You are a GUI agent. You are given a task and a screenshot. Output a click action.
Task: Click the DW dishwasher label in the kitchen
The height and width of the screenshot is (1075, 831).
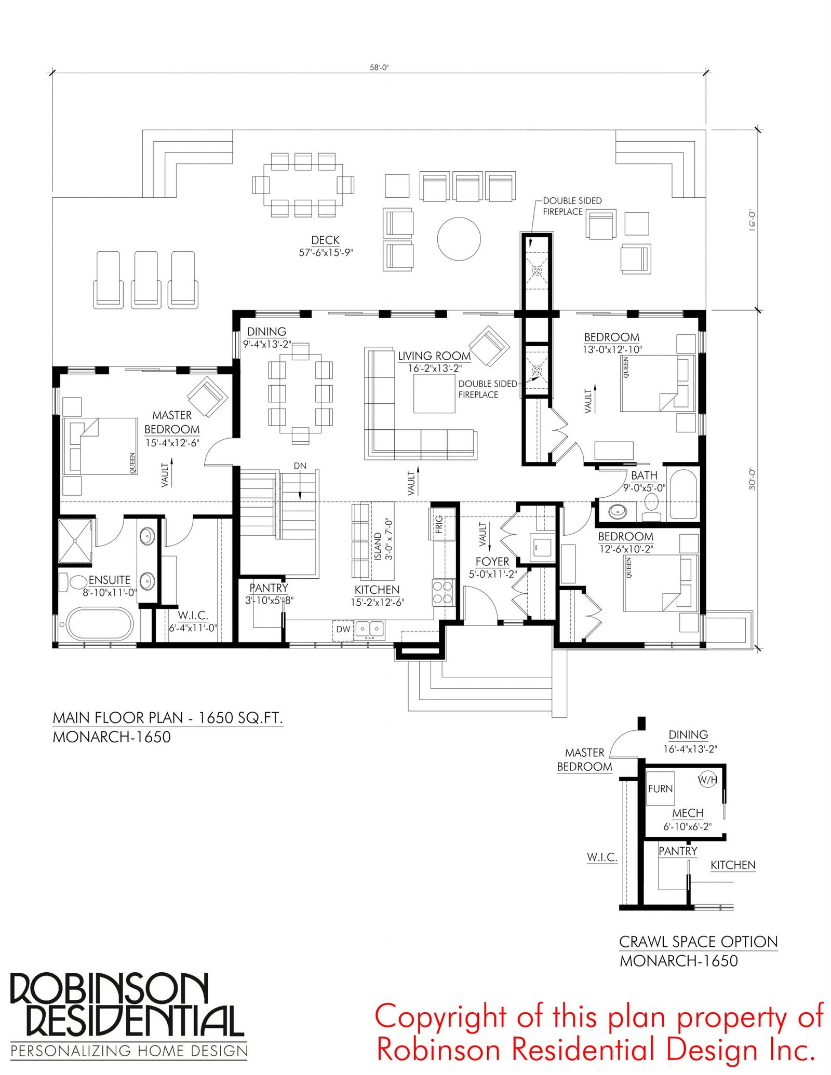pos(343,629)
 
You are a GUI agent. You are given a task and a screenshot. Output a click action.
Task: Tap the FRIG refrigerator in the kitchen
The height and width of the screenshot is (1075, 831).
pos(442,524)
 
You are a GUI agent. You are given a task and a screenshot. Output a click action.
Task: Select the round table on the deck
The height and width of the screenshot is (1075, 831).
pos(459,239)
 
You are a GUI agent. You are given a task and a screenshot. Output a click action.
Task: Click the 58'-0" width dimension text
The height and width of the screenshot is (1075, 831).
pos(379,67)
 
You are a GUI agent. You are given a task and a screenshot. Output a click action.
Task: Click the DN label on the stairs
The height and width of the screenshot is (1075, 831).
pos(300,466)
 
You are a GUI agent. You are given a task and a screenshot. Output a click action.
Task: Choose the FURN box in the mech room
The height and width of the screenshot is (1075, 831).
pos(660,788)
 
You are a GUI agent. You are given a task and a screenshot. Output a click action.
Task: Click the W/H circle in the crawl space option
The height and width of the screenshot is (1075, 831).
pos(707,779)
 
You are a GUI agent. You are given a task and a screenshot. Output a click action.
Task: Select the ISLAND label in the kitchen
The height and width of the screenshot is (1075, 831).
pos(378,546)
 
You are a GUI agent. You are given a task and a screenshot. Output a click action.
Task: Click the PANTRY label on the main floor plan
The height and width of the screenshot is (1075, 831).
pos(269,588)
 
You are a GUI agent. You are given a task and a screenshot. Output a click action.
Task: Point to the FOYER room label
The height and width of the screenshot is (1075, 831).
pos(492,561)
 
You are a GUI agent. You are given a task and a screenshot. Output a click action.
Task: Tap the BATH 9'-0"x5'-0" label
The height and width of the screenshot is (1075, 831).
pos(644,481)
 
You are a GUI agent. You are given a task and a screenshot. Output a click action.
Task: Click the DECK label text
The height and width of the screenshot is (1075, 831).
pos(325,240)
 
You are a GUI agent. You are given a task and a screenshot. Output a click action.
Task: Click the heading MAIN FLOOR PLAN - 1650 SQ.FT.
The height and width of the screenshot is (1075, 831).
pos(168,717)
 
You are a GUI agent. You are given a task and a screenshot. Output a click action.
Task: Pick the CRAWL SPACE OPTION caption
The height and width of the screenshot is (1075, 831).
pos(699,942)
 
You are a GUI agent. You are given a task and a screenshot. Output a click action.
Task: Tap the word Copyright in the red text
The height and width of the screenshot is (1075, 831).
pos(441,1018)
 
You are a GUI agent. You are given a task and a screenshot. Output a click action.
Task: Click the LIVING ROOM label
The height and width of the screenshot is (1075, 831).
pos(434,356)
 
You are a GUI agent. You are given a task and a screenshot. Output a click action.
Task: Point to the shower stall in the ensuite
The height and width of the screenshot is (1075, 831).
pos(75,540)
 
